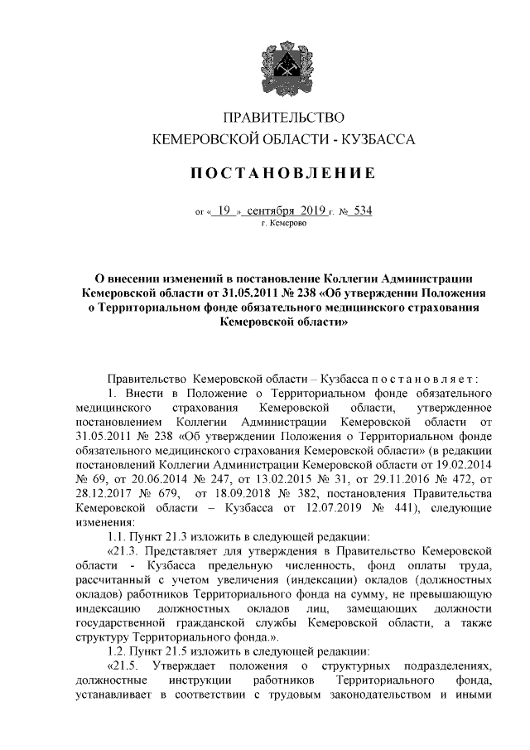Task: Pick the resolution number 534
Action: pyautogui.click(x=359, y=210)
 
